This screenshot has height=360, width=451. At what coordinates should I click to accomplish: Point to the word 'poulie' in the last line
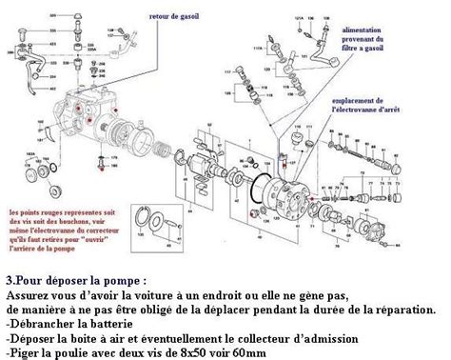coord(79,351)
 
